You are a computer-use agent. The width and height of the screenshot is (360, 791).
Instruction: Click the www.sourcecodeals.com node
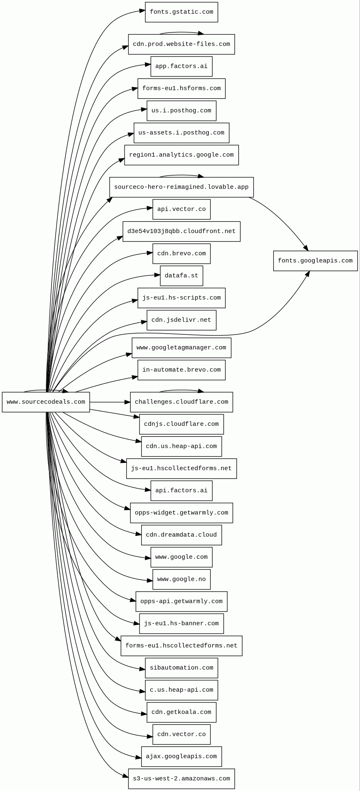pyautogui.click(x=46, y=402)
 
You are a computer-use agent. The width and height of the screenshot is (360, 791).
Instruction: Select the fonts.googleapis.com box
pyautogui.click(x=315, y=261)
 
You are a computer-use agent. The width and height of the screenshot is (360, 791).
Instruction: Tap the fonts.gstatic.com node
pyautogui.click(x=181, y=12)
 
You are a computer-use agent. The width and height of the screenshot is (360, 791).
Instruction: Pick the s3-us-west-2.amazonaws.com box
pyautogui.click(x=181, y=779)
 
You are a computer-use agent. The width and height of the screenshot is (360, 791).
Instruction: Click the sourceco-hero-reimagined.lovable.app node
pyautogui.click(x=181, y=187)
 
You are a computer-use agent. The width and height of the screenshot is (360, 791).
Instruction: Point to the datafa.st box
pyautogui.click(x=181, y=276)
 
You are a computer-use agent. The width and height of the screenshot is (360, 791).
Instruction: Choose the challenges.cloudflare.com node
pyautogui.click(x=181, y=402)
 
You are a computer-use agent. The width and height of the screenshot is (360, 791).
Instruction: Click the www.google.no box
pyautogui.click(x=181, y=579)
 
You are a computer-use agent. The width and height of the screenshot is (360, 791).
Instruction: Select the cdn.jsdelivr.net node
pyautogui.click(x=181, y=320)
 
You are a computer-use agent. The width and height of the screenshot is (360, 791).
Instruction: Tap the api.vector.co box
pyautogui.click(x=181, y=209)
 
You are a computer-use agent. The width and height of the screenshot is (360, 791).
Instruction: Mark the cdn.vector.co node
pyautogui.click(x=181, y=734)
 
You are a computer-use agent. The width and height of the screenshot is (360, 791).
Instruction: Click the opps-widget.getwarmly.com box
pyautogui.click(x=181, y=513)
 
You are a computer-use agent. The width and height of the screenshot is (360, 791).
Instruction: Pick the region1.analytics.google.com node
pyautogui.click(x=181, y=155)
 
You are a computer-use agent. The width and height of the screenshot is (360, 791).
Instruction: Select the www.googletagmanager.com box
pyautogui.click(x=181, y=348)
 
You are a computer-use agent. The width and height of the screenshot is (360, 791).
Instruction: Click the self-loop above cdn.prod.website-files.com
pyautogui.click(x=181, y=32)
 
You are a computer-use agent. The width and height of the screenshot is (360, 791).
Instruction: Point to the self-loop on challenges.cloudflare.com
pyautogui.click(x=181, y=391)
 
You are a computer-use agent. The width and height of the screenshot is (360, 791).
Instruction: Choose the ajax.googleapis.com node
pyautogui.click(x=181, y=757)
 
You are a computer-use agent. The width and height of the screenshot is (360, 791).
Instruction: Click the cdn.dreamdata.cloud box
pyautogui.click(x=181, y=535)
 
